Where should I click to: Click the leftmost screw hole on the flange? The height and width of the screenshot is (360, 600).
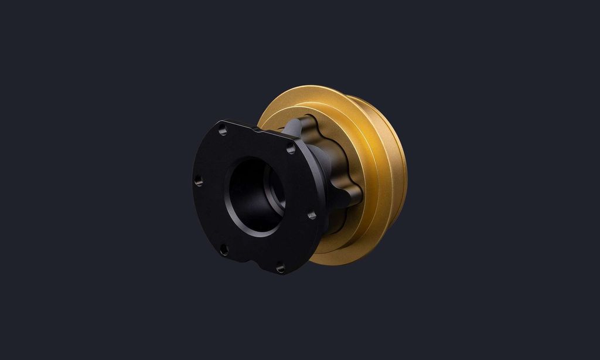pos(199,181)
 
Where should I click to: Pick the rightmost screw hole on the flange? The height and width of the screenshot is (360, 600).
pos(312,215)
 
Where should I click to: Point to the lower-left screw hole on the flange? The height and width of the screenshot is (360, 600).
pos(223,250)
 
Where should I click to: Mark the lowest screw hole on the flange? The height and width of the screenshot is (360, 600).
pos(280,268)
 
